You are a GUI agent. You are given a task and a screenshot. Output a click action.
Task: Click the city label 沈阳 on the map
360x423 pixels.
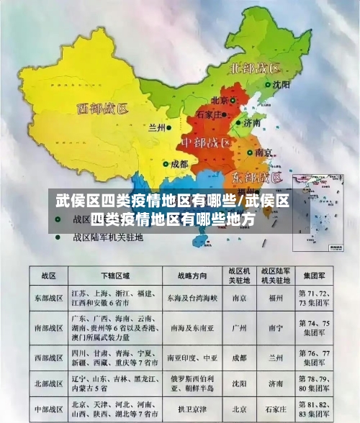[282, 84]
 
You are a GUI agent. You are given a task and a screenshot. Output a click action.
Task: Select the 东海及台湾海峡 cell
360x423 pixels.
[192, 296]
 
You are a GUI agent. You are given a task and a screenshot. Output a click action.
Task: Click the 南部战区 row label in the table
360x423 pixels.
[49, 326]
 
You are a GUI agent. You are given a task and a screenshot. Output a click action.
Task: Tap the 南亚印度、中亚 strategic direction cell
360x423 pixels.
[192, 356]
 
